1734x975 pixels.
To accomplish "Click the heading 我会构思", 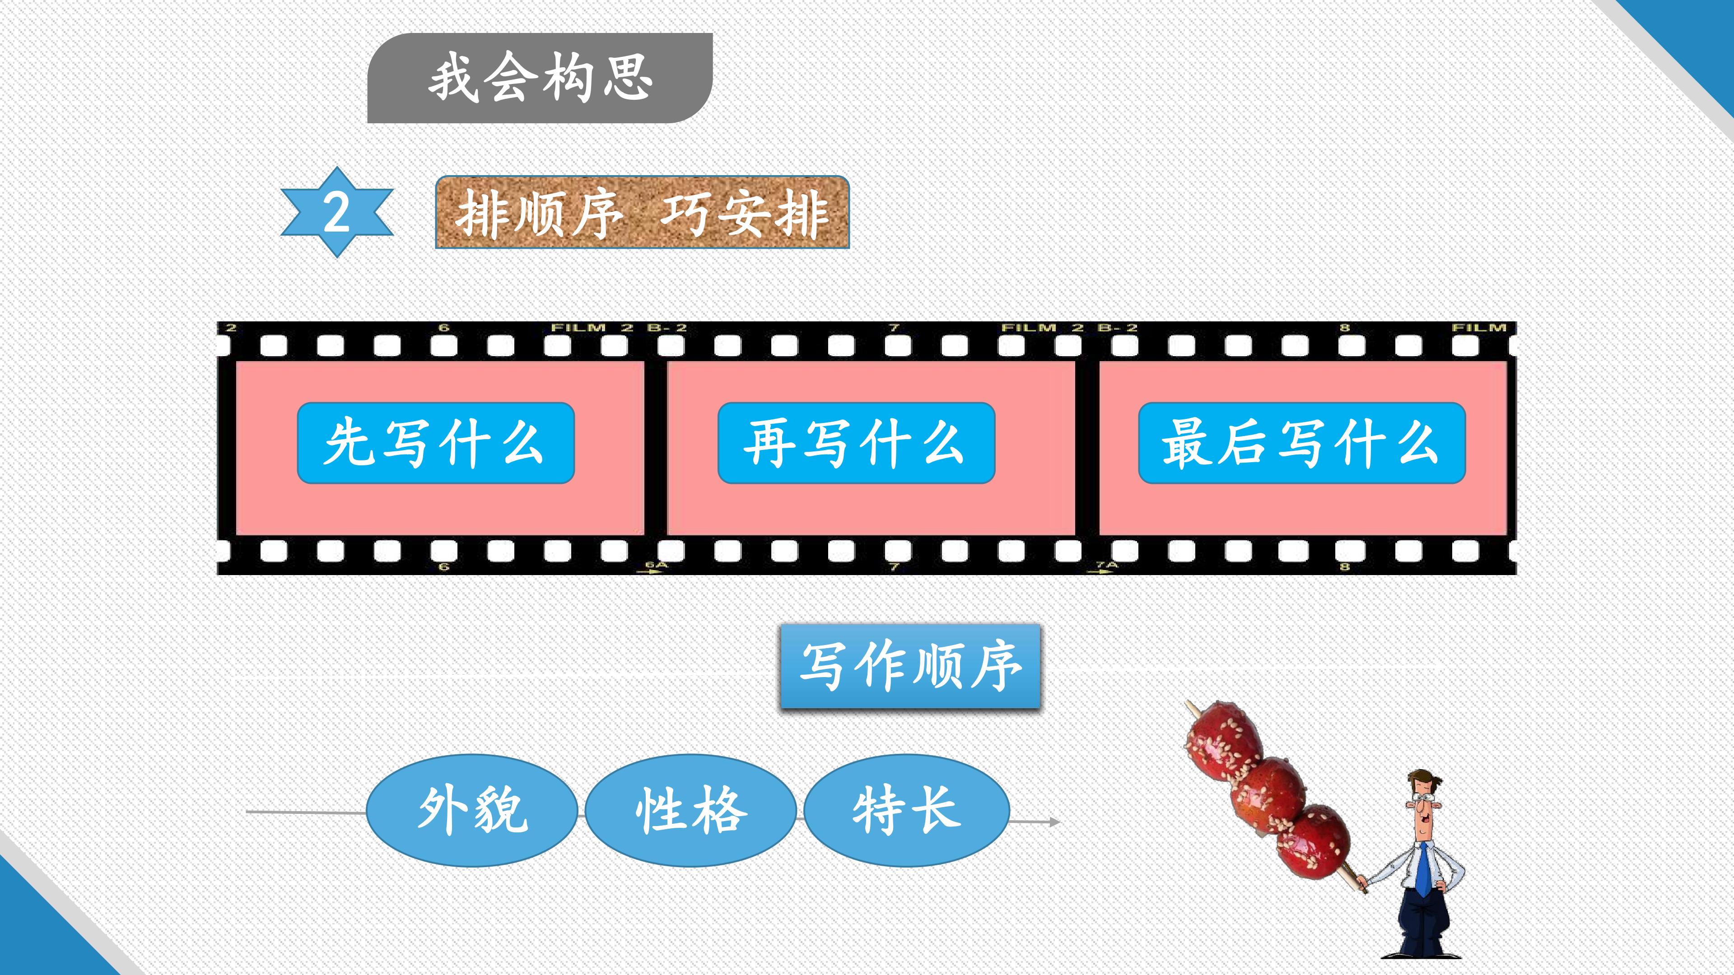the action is (540, 78).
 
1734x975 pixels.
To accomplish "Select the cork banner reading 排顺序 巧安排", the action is (642, 213).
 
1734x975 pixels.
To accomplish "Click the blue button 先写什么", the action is (435, 443).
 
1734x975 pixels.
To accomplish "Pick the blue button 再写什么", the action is (856, 443).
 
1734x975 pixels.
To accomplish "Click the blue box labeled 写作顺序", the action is (910, 666).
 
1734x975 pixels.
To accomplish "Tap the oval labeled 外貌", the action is (472, 810).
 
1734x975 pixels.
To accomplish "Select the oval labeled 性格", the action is (690, 810).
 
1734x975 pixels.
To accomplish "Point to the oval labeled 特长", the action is (907, 810).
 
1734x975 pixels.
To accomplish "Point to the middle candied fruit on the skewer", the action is (1268, 792).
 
